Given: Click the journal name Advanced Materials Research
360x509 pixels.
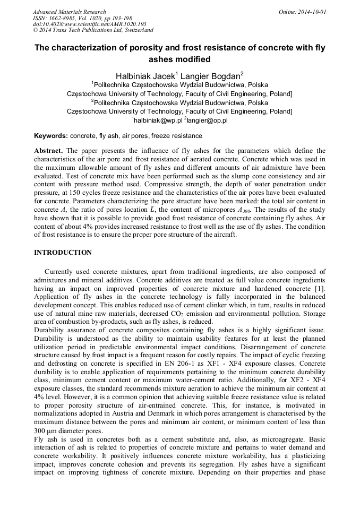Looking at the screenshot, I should [x=69, y=12].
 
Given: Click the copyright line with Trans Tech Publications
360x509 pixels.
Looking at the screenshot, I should [x=90, y=30].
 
